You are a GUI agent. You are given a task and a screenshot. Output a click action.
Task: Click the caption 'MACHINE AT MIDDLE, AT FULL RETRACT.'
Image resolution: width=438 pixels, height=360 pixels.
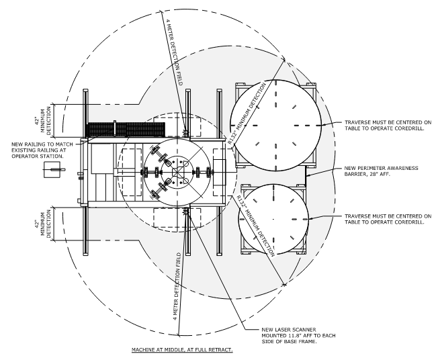click(x=182, y=350)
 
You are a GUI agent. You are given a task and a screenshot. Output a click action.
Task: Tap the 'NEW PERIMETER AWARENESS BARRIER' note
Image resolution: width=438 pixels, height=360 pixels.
click(x=381, y=171)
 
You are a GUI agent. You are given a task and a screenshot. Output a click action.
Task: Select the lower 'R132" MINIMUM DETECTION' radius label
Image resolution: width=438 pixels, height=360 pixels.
click(x=255, y=225)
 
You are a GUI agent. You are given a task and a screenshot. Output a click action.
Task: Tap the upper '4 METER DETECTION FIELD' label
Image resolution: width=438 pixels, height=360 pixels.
click(x=175, y=52)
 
